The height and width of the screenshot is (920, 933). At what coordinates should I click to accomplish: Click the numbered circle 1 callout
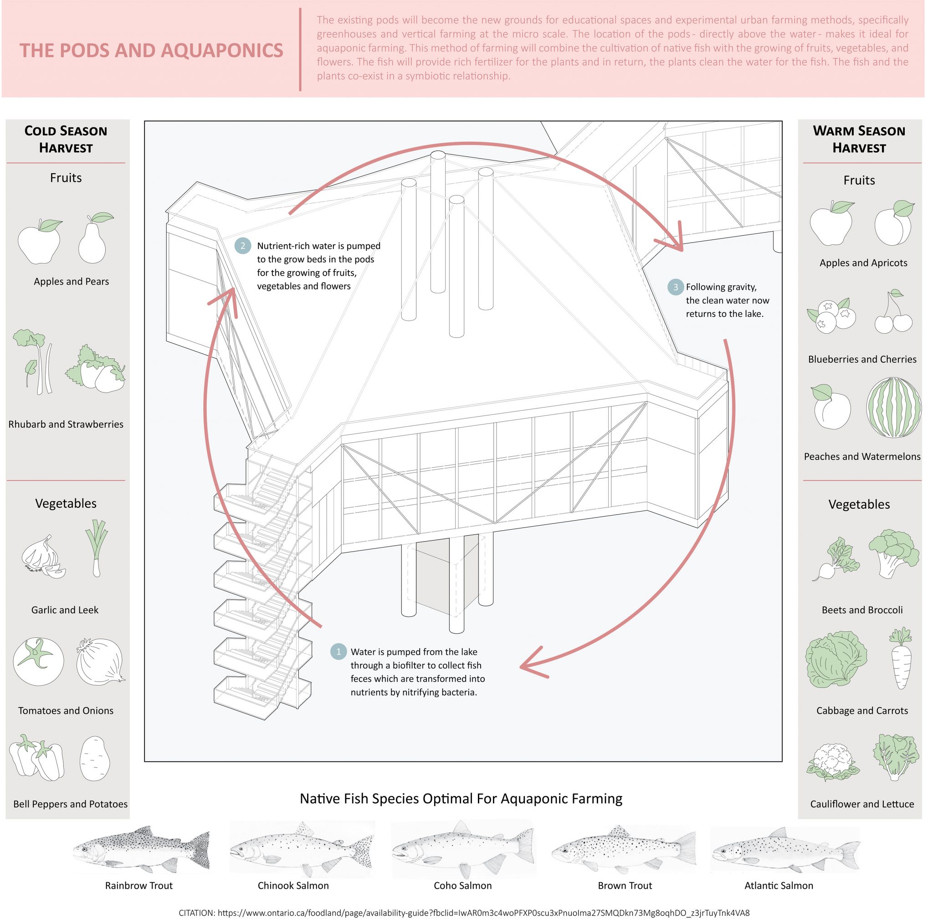[338, 651]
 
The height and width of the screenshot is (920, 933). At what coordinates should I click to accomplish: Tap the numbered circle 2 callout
[243, 245]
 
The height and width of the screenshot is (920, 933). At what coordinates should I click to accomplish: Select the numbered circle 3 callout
[675, 287]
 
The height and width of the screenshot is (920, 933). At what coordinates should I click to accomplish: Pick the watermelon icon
[893, 407]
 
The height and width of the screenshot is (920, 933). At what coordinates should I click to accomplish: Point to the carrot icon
[901, 658]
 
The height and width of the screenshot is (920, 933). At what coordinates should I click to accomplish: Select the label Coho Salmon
[463, 886]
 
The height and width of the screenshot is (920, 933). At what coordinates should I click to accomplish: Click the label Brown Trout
[625, 886]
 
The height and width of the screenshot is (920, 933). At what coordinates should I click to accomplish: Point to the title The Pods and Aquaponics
[151, 51]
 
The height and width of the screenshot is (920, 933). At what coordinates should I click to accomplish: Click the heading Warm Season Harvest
[859, 139]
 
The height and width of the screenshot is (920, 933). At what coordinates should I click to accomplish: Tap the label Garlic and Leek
[65, 610]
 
